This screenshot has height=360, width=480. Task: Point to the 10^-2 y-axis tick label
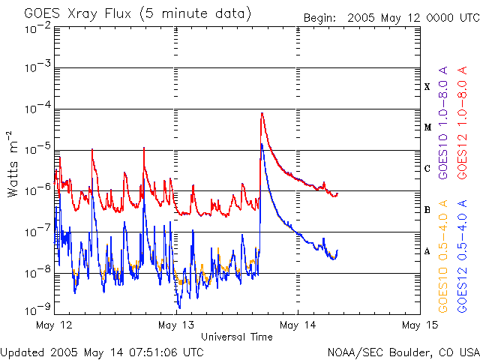pos(37,28)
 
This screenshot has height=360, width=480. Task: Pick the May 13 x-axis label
pos(177,325)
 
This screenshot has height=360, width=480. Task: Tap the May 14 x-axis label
pos(298,325)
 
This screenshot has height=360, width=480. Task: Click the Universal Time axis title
pos(237,337)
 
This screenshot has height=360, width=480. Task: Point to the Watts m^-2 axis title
pos(13,163)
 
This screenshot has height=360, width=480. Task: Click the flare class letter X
pos(427,87)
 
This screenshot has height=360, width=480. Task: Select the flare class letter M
pos(427,127)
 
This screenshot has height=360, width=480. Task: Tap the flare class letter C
pos(427,169)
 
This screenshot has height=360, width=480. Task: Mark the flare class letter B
pos(427,210)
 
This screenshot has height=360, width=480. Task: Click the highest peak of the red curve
pos(262,113)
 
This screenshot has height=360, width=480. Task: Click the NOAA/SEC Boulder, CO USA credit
pos(403,351)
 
